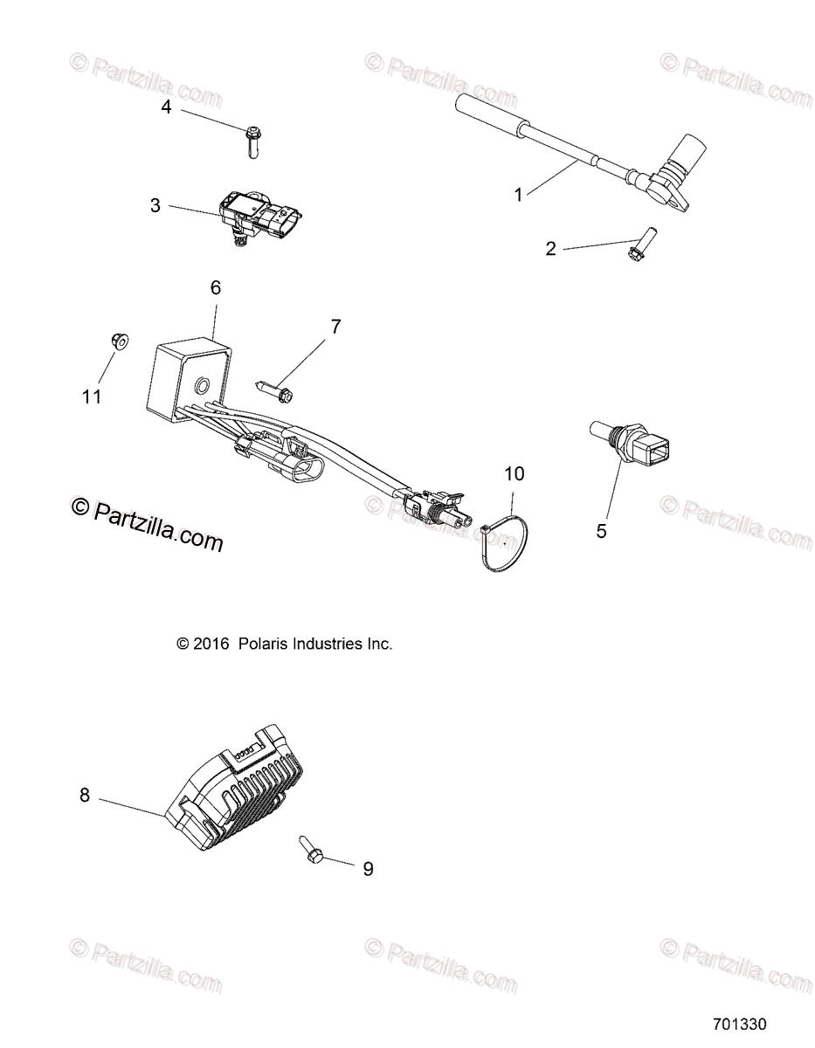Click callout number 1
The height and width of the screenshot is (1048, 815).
coord(518,194)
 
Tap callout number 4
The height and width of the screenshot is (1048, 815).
coord(166,107)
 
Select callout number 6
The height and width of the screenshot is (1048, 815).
coord(216,287)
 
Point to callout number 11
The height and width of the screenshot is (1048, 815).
coord(92,396)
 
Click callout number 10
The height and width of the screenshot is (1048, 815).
coord(515,473)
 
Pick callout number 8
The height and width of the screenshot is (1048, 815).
coord(85,795)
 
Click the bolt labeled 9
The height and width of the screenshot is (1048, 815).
coord(312,846)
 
